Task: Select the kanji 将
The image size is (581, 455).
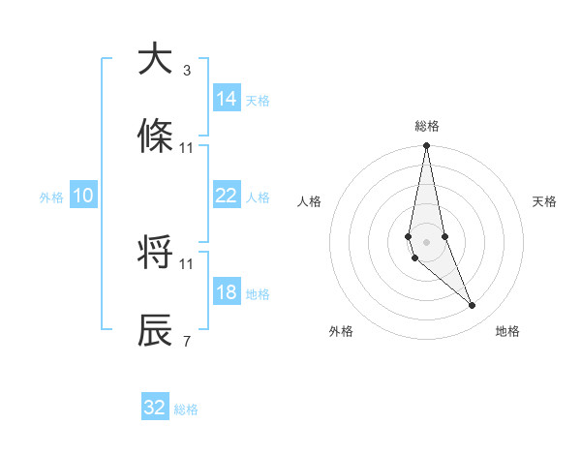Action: point(155,254)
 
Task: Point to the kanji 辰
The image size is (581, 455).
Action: point(155,330)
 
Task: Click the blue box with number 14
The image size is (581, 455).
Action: point(227,99)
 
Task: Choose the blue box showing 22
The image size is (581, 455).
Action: point(227,196)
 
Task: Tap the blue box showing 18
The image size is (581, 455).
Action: point(227,292)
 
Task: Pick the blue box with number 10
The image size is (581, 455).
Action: point(83,196)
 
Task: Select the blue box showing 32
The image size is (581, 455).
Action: point(155,408)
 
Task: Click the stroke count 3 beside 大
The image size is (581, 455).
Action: point(187,71)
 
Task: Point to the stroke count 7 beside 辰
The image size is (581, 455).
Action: point(187,342)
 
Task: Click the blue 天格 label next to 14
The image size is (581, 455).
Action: point(258,100)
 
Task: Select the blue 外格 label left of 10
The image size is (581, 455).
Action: point(51,197)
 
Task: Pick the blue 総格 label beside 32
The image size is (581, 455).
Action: point(186,409)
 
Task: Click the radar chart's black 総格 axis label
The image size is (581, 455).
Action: point(427,126)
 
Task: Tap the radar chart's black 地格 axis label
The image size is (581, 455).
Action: point(507,331)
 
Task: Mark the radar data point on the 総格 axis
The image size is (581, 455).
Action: point(427,147)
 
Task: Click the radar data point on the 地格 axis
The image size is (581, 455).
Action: point(473,306)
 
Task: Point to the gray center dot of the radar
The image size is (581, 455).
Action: point(427,241)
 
